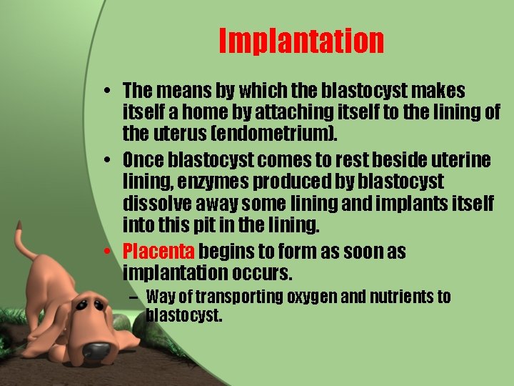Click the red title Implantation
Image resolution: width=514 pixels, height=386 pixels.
point(301,41)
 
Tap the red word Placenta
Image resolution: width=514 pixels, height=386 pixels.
point(158,252)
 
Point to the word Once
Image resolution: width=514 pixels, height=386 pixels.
point(143,159)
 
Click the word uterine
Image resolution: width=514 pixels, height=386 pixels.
point(457,159)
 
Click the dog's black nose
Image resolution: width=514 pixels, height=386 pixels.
point(96,350)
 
